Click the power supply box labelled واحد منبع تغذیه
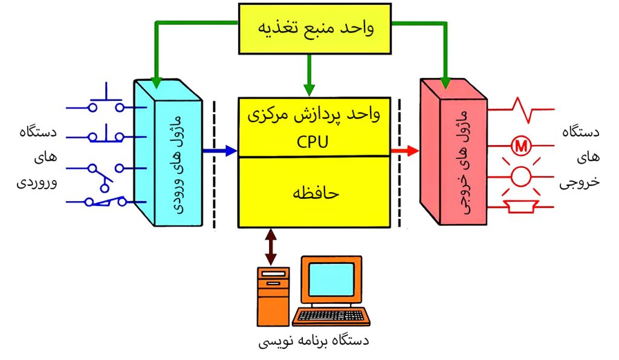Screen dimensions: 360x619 314,28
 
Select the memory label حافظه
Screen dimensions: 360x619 314,193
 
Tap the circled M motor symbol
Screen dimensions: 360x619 519,146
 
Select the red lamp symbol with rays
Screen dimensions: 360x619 520,177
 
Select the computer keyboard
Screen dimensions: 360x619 331,316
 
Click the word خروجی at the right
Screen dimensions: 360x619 581,183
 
